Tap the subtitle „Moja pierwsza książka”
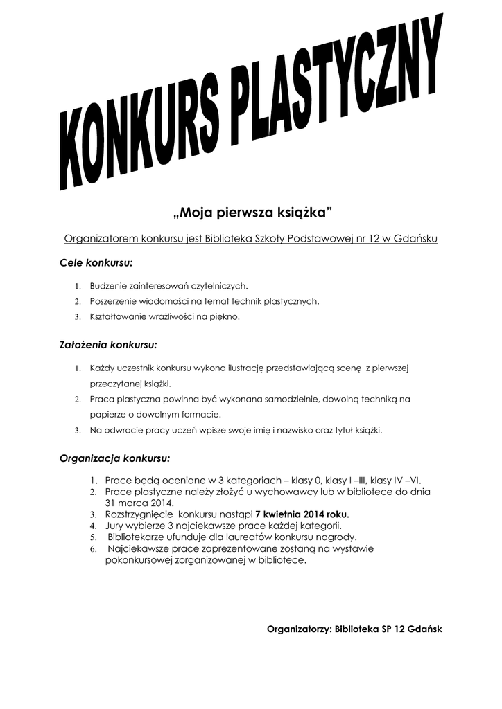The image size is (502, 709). point(251,210)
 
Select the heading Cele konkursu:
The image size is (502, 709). point(96,263)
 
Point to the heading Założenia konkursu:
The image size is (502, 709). point(108,343)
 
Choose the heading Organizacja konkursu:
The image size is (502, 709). point(114,458)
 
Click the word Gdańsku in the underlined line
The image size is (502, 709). point(416,239)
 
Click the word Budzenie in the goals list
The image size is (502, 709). point(107,285)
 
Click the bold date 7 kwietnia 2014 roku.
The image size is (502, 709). point(302,514)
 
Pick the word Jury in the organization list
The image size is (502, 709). point(114,526)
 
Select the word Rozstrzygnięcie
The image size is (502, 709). point(139,514)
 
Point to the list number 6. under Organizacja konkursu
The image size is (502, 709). point(94,548)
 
